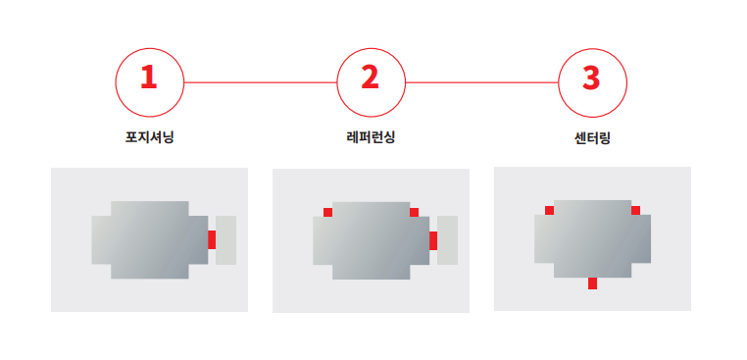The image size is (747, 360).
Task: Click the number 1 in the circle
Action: pyautogui.click(x=149, y=77)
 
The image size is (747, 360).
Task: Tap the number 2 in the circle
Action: pyautogui.click(x=371, y=77)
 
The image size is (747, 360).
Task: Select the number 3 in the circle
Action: pyautogui.click(x=591, y=77)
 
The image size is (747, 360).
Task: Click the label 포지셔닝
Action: pyautogui.click(x=150, y=137)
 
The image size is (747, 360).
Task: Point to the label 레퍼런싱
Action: pyautogui.click(x=371, y=137)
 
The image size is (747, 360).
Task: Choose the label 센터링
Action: pyautogui.click(x=593, y=138)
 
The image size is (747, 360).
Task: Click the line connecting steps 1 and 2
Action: pyautogui.click(x=260, y=82)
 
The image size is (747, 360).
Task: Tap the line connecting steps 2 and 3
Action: pyautogui.click(x=481, y=82)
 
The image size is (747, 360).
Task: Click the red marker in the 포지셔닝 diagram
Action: pyautogui.click(x=212, y=239)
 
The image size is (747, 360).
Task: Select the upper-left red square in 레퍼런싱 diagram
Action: pyautogui.click(x=327, y=212)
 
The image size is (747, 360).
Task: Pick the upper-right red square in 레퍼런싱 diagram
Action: pyautogui.click(x=414, y=212)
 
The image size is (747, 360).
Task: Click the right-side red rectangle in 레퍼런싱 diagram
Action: pyautogui.click(x=433, y=240)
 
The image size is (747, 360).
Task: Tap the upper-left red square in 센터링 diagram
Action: pyautogui.click(x=549, y=210)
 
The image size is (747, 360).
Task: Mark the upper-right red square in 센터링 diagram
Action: pyautogui.click(x=635, y=210)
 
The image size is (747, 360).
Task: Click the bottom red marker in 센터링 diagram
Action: pyautogui.click(x=592, y=283)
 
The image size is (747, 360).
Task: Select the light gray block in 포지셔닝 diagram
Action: pyautogui.click(x=225, y=240)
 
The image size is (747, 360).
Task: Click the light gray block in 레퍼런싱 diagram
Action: pyautogui.click(x=447, y=240)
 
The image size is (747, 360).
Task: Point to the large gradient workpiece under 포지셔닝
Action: pyautogui.click(x=150, y=240)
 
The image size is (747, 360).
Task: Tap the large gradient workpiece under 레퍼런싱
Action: pyautogui.click(x=372, y=240)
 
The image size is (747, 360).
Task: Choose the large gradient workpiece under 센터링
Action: pyautogui.click(x=592, y=238)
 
